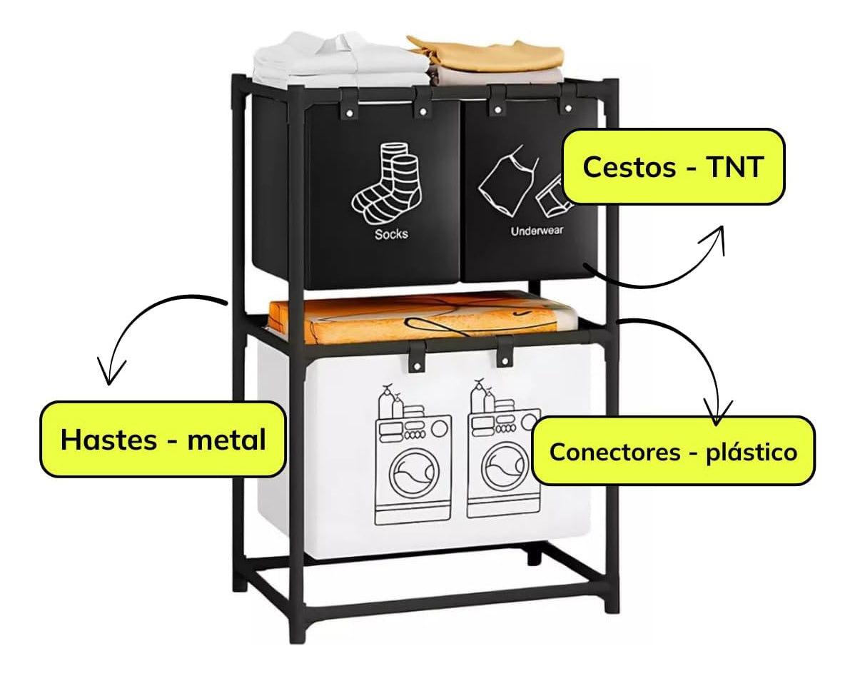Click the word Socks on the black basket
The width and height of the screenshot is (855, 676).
(391, 233)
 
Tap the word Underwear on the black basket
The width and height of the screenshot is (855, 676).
(537, 231)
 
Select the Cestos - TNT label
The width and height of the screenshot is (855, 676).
(673, 168)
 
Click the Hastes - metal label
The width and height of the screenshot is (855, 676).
(163, 440)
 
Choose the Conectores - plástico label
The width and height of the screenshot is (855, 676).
(673, 451)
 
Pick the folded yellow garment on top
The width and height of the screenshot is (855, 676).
(487, 53)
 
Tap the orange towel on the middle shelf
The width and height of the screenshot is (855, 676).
(421, 319)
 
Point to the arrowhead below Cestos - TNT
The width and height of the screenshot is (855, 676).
(716, 238)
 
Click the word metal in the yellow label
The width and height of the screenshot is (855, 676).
(226, 440)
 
